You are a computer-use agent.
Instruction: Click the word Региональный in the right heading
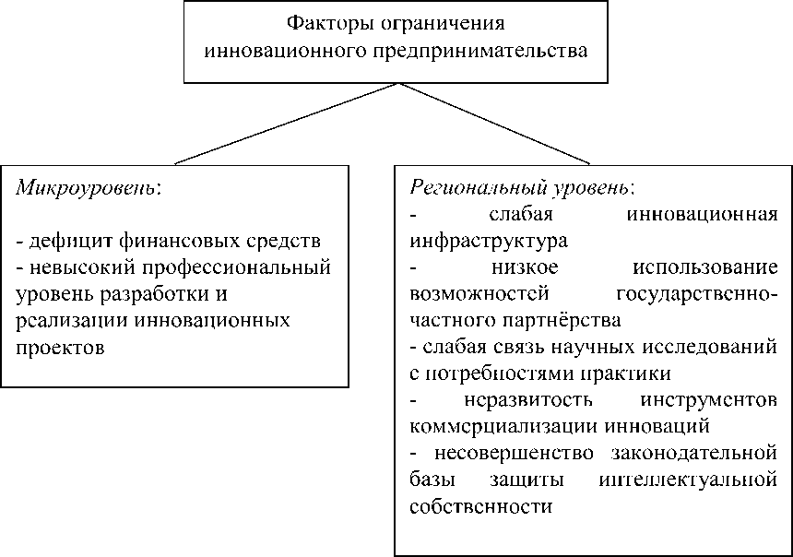coord(467,188)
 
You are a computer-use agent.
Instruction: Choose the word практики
coord(623,374)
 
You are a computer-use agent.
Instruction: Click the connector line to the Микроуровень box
coord(286,123)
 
